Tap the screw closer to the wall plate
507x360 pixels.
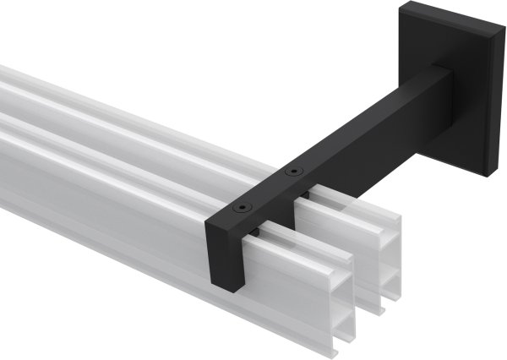coord(292,172)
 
